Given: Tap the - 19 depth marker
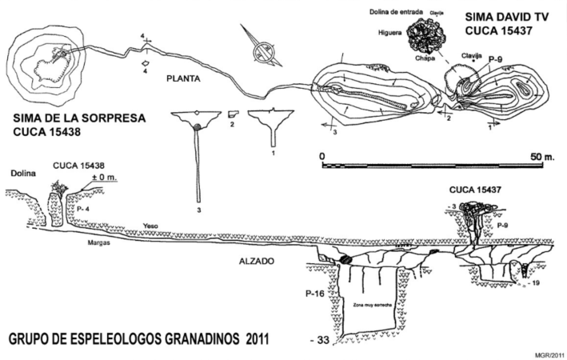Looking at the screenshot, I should tap(540, 282).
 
